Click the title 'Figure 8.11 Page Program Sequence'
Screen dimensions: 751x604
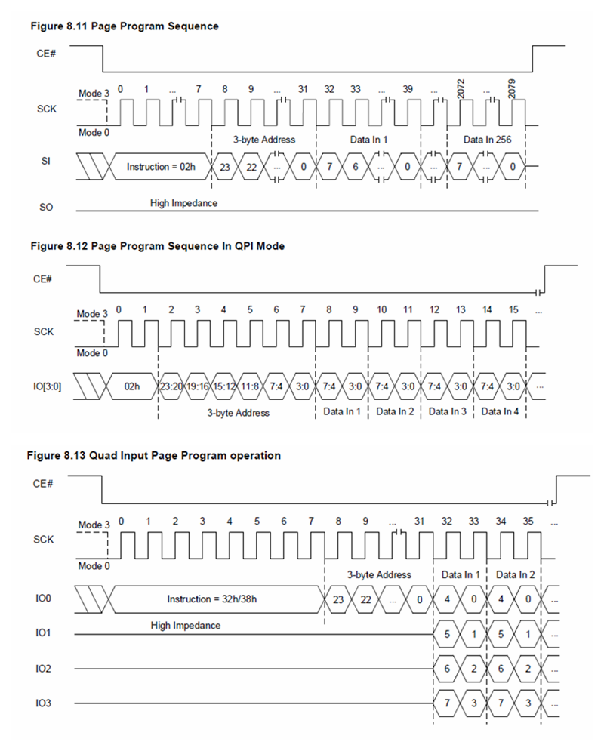coord(124,26)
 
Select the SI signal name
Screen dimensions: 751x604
coord(45,161)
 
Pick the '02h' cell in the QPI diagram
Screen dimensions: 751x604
coord(132,386)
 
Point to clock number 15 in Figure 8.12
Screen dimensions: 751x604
coord(513,310)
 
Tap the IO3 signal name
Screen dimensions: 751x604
coord(43,704)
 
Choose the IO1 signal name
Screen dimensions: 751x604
coord(43,634)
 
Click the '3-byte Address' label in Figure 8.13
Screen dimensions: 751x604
coord(378,574)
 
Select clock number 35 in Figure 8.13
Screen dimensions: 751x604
coord(528,521)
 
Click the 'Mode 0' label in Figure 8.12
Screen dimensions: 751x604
coord(93,352)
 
